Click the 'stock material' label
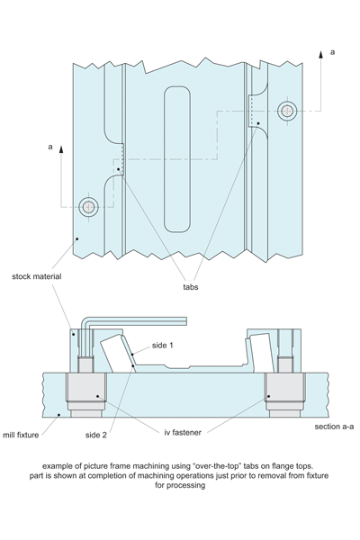(37, 276)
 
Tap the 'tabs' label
(191, 287)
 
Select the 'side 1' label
(162, 346)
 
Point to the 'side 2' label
(96, 435)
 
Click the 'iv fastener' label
(183, 433)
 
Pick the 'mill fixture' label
(21, 435)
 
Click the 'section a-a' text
(334, 427)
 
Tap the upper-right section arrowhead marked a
(320, 54)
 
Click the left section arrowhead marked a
(61, 149)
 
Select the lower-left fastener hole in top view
(89, 207)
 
